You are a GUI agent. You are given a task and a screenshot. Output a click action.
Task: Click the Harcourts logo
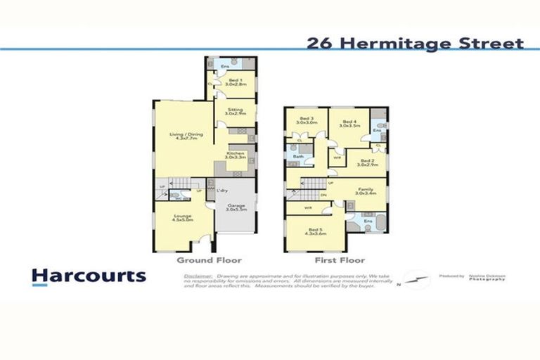(89, 276)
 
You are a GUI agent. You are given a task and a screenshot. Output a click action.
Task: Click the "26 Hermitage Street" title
(415, 44)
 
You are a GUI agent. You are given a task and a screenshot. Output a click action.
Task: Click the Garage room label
(235, 207)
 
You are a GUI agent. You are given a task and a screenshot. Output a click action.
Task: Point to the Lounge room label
(184, 218)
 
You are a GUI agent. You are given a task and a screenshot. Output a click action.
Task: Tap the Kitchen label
(235, 155)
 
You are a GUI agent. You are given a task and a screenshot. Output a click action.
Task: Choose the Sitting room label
(235, 110)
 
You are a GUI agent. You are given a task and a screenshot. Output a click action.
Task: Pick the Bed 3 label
(305, 120)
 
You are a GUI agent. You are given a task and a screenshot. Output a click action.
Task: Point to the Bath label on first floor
(298, 156)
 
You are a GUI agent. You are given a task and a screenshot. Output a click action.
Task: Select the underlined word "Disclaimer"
(198, 276)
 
